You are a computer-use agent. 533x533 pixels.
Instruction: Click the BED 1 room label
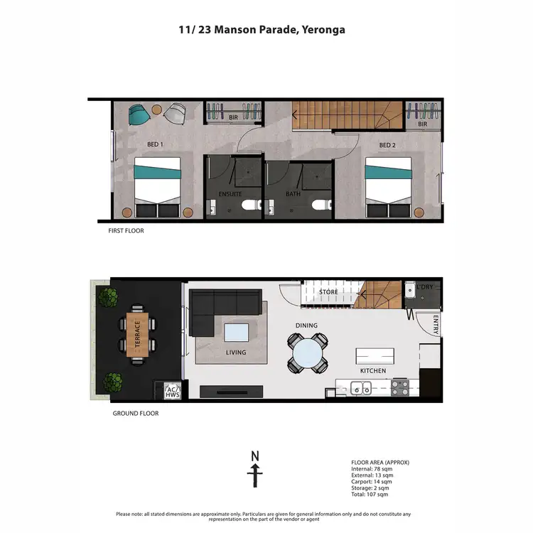coord(155,145)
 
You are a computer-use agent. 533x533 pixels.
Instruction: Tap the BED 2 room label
coord(387,146)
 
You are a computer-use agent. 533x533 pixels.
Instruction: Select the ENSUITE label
coord(230,193)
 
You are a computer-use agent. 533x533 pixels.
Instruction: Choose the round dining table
coord(308,352)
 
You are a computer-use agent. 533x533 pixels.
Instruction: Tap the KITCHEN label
coord(373,371)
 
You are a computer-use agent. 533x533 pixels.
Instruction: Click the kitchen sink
coord(361,389)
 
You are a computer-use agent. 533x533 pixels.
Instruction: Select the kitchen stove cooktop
coord(399,389)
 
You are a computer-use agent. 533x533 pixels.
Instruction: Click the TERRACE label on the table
coord(137,334)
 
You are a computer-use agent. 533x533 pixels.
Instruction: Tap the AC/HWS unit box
coord(171,392)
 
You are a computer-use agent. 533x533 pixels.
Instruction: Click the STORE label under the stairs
coord(328,292)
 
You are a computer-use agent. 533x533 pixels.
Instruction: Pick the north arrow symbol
coord(255,469)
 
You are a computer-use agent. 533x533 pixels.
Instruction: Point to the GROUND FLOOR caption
coord(136,413)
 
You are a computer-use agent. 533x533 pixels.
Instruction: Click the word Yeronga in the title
coord(325,31)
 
